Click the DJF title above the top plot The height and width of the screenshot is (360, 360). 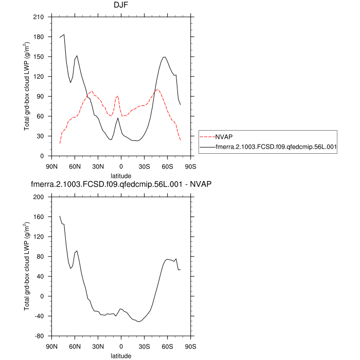(x=121, y=5)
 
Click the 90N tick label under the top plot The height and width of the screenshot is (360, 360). (x=51, y=166)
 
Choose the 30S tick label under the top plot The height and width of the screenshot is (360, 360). (x=145, y=166)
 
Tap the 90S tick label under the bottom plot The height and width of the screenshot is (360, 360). (x=191, y=346)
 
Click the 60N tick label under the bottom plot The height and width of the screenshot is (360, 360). (x=75, y=346)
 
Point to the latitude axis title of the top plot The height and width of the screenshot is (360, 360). (x=121, y=176)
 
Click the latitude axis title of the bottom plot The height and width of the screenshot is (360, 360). (x=121, y=355)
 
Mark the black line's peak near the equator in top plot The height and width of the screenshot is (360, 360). (x=118, y=118)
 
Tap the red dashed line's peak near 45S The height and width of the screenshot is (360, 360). (x=157, y=89)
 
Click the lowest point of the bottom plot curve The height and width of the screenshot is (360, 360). (x=139, y=322)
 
